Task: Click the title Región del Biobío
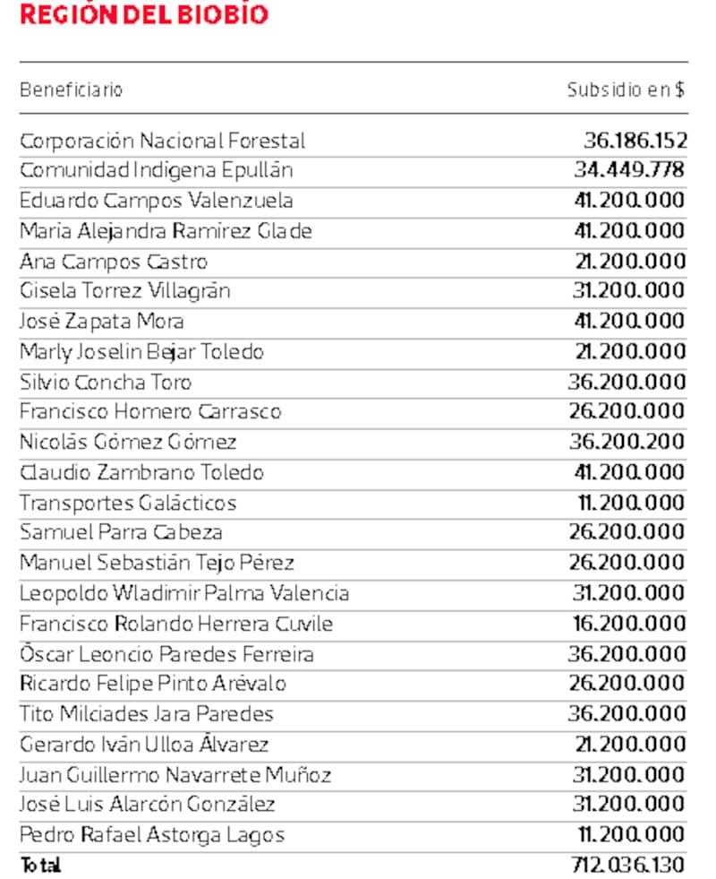click(x=143, y=15)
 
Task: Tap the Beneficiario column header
click(x=71, y=90)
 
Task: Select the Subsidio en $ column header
click(x=626, y=90)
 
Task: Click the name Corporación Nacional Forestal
click(x=162, y=141)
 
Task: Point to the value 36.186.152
click(x=635, y=141)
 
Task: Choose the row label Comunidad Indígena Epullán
click(x=157, y=170)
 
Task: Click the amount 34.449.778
click(x=629, y=170)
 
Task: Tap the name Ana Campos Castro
click(x=114, y=262)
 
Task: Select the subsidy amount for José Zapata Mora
click(x=629, y=321)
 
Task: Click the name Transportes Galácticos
click(x=128, y=503)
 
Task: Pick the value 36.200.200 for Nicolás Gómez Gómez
click(x=626, y=442)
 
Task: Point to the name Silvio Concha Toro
click(x=106, y=382)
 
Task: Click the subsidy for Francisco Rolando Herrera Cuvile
click(x=629, y=624)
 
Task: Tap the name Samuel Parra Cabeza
click(x=121, y=532)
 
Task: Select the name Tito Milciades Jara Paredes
click(x=147, y=714)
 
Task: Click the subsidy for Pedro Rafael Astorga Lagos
click(x=631, y=835)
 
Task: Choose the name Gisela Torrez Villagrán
click(x=125, y=291)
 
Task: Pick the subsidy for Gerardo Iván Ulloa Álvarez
click(x=629, y=745)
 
